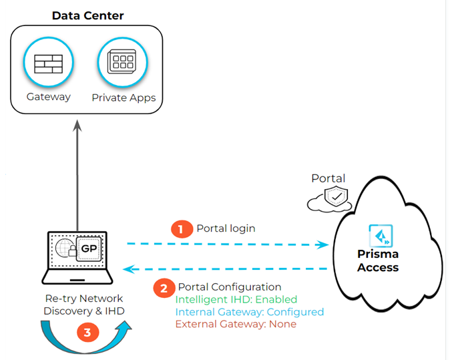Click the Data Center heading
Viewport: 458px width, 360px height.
coord(87,15)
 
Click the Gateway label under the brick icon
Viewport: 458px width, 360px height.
coord(49,97)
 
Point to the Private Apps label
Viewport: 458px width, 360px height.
coord(124,98)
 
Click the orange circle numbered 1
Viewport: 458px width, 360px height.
coord(180,229)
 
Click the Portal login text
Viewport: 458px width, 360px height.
coord(226,228)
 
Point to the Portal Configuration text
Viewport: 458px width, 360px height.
coord(230,287)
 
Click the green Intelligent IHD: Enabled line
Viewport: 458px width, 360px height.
coord(236,300)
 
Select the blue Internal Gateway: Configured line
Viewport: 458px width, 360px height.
coord(249,312)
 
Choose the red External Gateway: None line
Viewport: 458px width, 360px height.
coord(236,324)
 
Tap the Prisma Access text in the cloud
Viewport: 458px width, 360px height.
coord(378,261)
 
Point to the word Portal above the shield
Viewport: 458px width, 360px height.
coord(328,179)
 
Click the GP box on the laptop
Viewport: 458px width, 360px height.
coord(89,248)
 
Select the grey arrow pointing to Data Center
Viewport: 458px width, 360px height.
coord(78,174)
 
